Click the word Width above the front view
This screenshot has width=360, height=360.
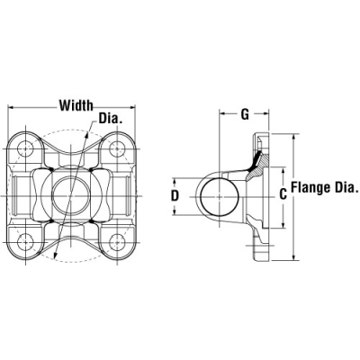coord(77,105)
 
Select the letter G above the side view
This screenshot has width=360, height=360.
coord(245,114)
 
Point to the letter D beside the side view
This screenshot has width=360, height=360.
coord(175,194)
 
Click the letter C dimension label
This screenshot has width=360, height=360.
coord(283,193)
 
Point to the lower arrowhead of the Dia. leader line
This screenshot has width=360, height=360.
coord(55,257)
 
